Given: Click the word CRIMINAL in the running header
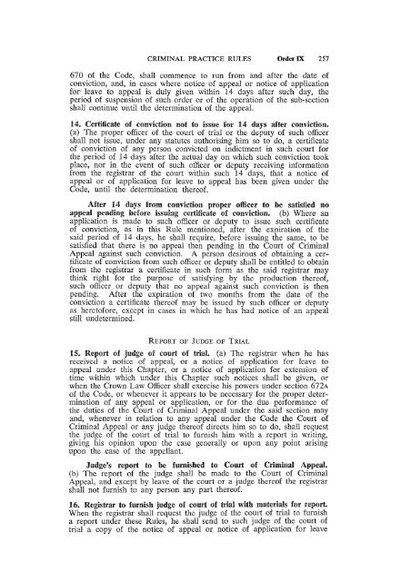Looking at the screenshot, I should [153, 28].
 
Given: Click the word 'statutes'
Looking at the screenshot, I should [155, 149].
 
